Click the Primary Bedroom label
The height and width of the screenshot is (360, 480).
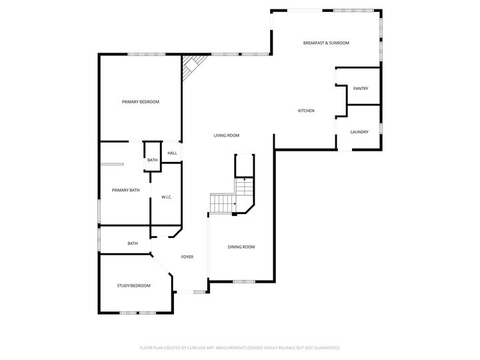pyautogui.click(x=140, y=102)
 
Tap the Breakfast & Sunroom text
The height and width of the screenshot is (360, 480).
pyautogui.click(x=326, y=43)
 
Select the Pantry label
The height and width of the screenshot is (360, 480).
pyautogui.click(x=361, y=89)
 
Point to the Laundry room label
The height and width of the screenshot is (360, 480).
pyautogui.click(x=359, y=132)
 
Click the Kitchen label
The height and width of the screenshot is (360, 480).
pyautogui.click(x=306, y=111)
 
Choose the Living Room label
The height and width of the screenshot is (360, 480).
pyautogui.click(x=226, y=135)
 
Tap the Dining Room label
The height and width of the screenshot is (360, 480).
pyautogui.click(x=241, y=247)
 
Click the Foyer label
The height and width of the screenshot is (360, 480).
pyautogui.click(x=188, y=257)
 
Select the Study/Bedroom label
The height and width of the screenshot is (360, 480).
pyautogui.click(x=133, y=286)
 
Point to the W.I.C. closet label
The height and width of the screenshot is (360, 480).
pyautogui.click(x=167, y=197)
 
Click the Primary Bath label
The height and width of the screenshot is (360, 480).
pyautogui.click(x=125, y=191)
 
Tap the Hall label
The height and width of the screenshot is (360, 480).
pyautogui.click(x=172, y=153)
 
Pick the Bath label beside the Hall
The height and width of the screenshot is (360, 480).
pyautogui.click(x=153, y=160)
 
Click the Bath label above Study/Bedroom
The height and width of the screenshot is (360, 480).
pyautogui.click(x=133, y=243)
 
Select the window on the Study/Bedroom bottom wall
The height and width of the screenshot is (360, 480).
pyautogui.click(x=137, y=313)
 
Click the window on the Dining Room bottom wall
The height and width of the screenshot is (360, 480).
pyautogui.click(x=240, y=281)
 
